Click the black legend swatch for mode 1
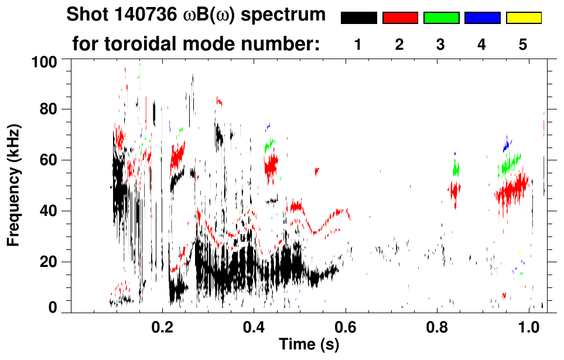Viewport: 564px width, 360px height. [358, 18]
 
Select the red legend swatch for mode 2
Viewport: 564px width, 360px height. [400, 18]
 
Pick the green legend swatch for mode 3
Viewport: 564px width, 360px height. [441, 18]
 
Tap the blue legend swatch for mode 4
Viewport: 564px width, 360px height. [482, 18]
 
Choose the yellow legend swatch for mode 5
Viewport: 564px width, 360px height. [524, 18]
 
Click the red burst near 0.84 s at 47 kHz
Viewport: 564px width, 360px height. [455, 191]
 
